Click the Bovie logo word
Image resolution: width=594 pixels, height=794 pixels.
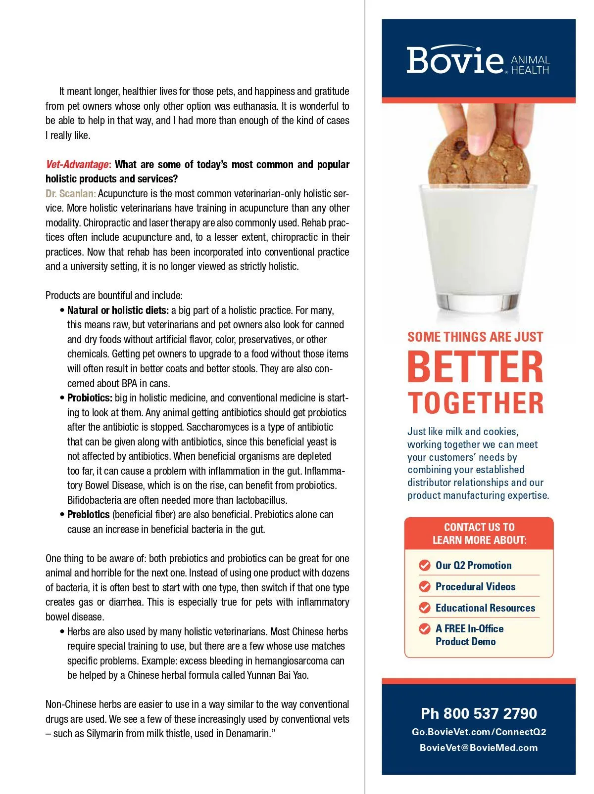[x=454, y=60]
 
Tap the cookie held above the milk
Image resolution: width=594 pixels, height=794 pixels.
[x=479, y=157]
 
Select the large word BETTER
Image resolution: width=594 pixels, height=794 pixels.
[x=475, y=367]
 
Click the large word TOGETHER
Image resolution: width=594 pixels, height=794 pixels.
[x=475, y=403]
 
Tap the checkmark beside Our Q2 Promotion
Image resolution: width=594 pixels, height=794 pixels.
[x=424, y=565]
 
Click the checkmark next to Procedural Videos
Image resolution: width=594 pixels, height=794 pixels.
[x=424, y=586]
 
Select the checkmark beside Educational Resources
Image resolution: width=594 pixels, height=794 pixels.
[x=424, y=608]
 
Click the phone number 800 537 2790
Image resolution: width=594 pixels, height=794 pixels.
[x=490, y=713]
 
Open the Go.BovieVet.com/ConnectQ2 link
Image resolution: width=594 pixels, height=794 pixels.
[x=479, y=732]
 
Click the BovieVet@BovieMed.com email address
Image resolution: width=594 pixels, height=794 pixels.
[x=479, y=748]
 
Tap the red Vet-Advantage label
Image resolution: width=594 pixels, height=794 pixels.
[x=77, y=165]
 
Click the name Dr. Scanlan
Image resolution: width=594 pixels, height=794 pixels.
[x=70, y=193]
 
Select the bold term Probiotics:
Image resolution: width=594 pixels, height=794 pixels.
[x=90, y=398]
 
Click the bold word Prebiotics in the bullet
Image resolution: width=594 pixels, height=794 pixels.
[x=88, y=515]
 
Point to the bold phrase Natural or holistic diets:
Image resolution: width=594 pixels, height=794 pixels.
[x=118, y=310]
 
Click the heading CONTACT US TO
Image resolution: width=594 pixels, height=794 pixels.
[x=479, y=527]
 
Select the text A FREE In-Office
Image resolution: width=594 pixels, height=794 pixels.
[x=469, y=629]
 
